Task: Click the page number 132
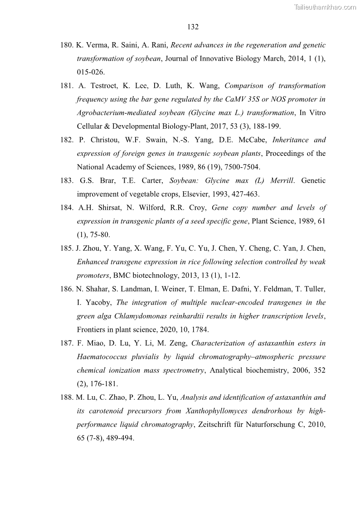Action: pyautogui.click(x=193, y=27)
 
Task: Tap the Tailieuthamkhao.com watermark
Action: pyautogui.click(x=325, y=7)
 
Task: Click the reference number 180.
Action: pyautogui.click(x=67, y=45)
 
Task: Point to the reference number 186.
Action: pyautogui.click(x=67, y=289)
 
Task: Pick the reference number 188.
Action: pyautogui.click(x=67, y=398)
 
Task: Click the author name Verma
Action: pyautogui.click(x=95, y=45)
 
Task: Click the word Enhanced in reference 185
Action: pyautogui.click(x=93, y=262)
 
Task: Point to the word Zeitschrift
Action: pyautogui.click(x=226, y=425)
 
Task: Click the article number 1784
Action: pyautogui.click(x=200, y=330)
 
